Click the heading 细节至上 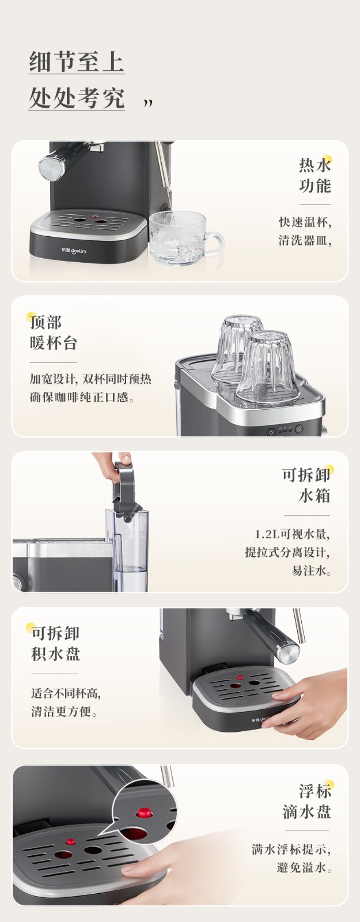pyautogui.click(x=77, y=62)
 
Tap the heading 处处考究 pyautogui.click(x=77, y=98)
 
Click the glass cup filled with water pyautogui.click(x=185, y=238)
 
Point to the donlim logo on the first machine pyautogui.click(x=74, y=250)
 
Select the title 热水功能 pyautogui.click(x=314, y=176)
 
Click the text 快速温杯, pyautogui.click(x=305, y=222)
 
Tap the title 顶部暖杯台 pyautogui.click(x=53, y=332)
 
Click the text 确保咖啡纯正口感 pyautogui.click(x=82, y=398)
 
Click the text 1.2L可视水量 pyautogui.click(x=291, y=534)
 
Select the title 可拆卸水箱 pyautogui.click(x=306, y=485)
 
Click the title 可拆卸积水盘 pyautogui.click(x=55, y=644)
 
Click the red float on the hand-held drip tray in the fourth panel pyautogui.click(x=240, y=677)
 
